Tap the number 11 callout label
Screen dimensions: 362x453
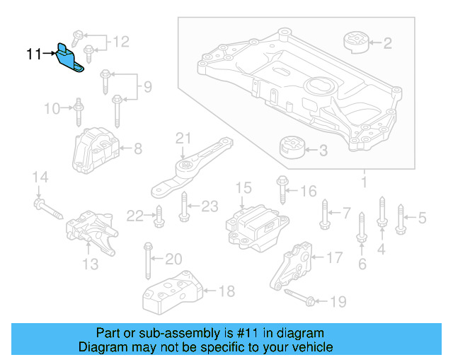coord(34,53)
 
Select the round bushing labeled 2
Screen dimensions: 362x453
coord(357,42)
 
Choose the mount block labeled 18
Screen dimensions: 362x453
coord(173,292)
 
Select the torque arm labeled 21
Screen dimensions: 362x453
coord(190,166)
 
